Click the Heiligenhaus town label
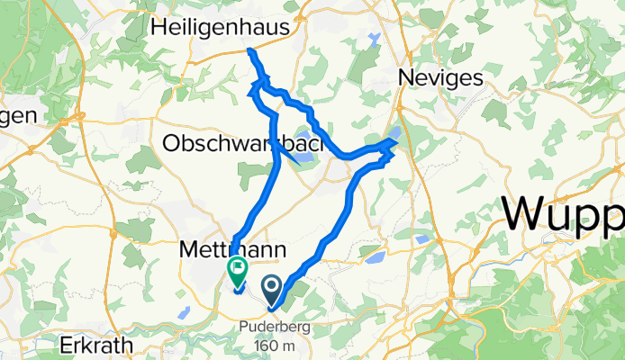click(221, 29)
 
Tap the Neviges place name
click(440, 78)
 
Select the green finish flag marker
click(238, 267)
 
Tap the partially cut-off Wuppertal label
click(564, 216)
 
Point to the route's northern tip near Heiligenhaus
click(250, 52)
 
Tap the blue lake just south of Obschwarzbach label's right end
click(303, 159)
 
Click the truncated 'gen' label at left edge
click(18, 115)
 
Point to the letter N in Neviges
click(405, 78)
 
